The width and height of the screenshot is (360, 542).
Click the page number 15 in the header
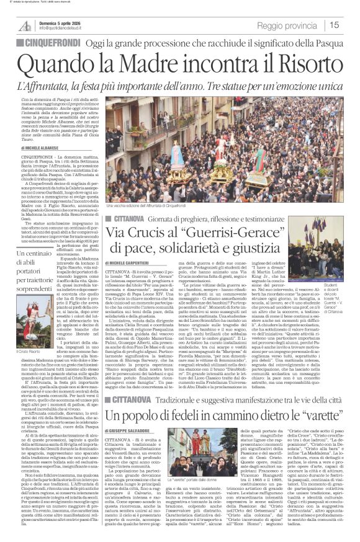[349, 25]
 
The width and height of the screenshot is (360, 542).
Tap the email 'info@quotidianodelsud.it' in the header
[64, 28]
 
